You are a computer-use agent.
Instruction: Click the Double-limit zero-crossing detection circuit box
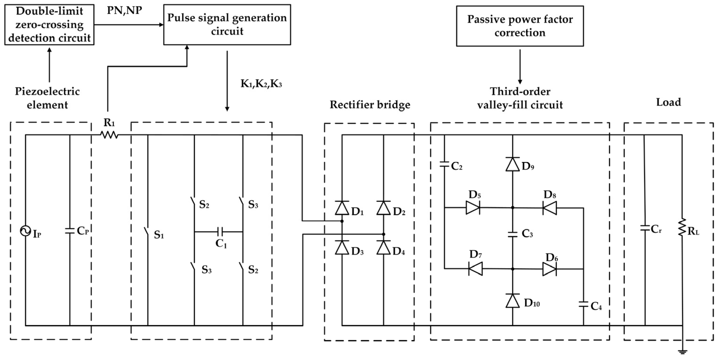[x=49, y=24]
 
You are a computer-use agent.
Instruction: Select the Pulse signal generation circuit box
[x=227, y=24]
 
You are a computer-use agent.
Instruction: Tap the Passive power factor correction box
[x=520, y=26]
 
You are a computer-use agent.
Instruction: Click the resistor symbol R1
[x=109, y=135]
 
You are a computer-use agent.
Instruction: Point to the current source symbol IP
[x=25, y=231]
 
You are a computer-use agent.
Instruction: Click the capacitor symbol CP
[x=70, y=231]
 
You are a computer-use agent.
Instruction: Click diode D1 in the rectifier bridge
[x=342, y=208]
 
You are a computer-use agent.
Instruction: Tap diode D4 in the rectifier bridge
[x=384, y=247]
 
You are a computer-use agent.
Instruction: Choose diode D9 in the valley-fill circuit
[x=512, y=164]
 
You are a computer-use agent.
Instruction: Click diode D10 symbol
[x=512, y=301]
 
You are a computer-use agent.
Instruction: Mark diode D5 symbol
[x=473, y=208]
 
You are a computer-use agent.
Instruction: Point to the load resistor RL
[x=682, y=227]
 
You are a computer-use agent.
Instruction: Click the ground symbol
[x=682, y=352]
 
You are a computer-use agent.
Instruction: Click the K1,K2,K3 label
[x=261, y=84]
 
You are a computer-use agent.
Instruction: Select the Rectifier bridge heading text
[x=370, y=105]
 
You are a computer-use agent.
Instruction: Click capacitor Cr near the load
[x=645, y=228]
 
